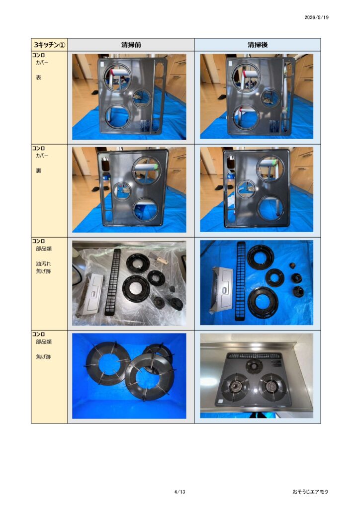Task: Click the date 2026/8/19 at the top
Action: coord(316,17)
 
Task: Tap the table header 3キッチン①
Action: coord(49,44)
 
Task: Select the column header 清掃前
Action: coord(131,45)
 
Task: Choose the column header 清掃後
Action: coord(258,45)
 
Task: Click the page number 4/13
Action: coord(180,492)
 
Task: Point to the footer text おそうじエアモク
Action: coord(310,492)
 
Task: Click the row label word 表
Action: coord(39,78)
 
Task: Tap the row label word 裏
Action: coord(39,171)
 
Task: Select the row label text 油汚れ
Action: coord(43,263)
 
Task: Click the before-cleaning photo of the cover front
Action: coord(129,97)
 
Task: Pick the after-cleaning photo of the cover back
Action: coord(257,189)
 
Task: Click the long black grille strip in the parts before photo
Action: coord(112,282)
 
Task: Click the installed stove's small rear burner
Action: coord(254,366)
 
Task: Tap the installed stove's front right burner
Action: coord(272,386)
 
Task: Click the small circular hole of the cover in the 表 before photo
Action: coord(142,98)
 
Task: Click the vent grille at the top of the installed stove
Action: coord(255,356)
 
